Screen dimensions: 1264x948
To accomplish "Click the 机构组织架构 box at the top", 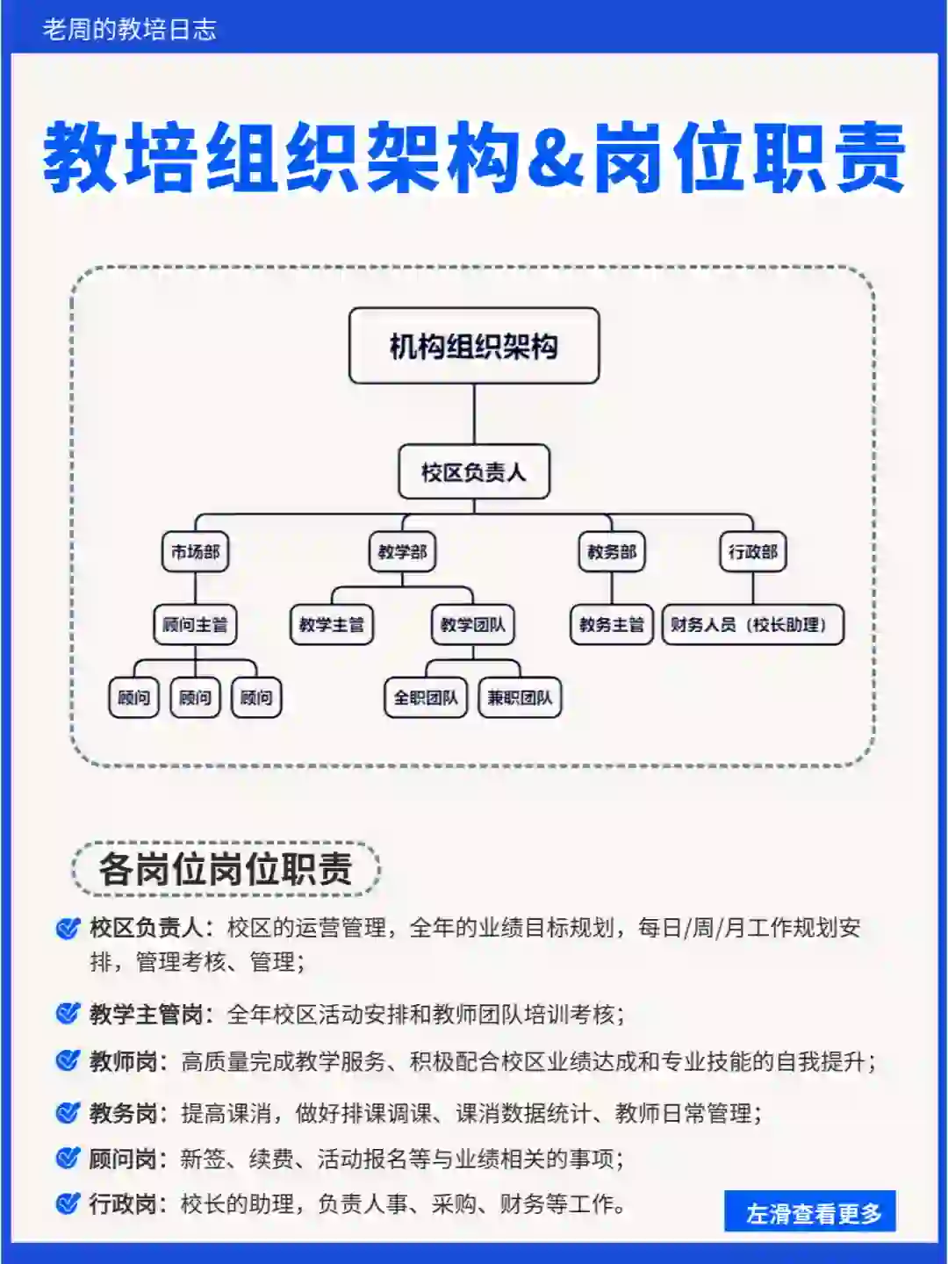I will (474, 346).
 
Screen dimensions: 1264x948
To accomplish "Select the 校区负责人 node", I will (474, 472).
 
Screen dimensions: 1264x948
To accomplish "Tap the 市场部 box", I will (195, 552).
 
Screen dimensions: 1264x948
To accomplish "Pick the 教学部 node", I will (402, 552).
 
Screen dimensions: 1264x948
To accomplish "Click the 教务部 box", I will (611, 552).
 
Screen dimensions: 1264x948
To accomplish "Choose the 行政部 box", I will (752, 552).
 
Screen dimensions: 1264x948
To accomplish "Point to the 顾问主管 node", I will (195, 625).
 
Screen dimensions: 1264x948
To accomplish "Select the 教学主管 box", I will (331, 625).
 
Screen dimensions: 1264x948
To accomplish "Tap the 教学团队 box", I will (472, 625).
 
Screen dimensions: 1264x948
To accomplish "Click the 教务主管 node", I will (611, 625).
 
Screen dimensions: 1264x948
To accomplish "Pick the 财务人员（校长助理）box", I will (752, 625).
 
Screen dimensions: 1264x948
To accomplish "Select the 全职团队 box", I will (426, 698).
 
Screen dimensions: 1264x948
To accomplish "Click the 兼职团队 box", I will (520, 698).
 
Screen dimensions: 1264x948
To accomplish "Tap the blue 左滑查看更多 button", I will (810, 1212).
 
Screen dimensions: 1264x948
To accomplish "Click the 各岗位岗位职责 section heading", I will (226, 869).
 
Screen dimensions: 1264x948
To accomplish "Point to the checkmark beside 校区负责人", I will (68, 928).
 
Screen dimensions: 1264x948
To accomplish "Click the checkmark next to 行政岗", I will (68, 1203).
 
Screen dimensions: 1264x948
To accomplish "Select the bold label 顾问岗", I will (123, 1159).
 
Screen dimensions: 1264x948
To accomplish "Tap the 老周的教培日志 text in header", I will (130, 30).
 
